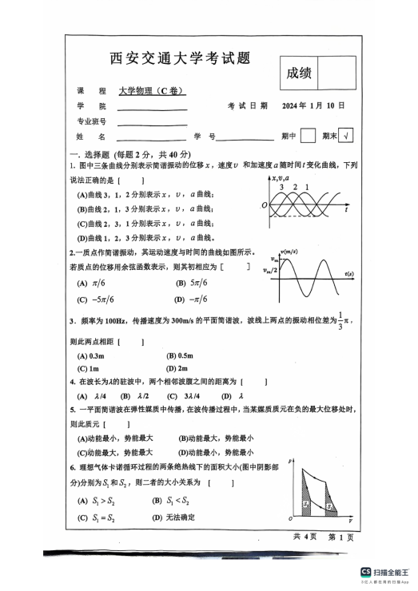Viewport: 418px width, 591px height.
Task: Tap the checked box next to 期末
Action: [346, 137]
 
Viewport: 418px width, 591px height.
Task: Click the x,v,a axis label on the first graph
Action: [285, 177]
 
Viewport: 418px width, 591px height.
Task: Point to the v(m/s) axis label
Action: [287, 252]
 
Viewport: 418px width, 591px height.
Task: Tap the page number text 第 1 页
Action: [340, 537]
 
